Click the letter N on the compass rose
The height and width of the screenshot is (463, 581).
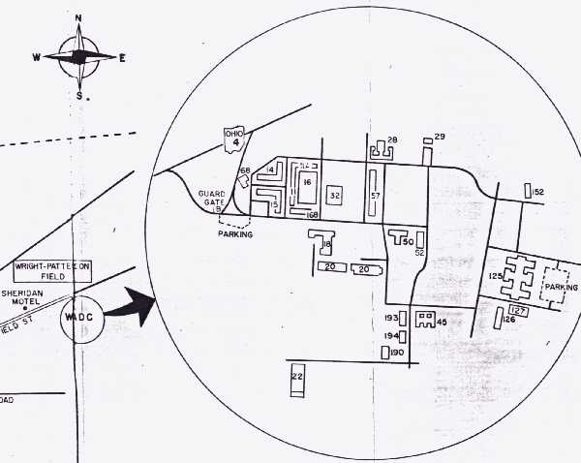point(78,18)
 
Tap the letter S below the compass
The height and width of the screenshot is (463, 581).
point(79,95)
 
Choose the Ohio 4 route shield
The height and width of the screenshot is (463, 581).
point(232,139)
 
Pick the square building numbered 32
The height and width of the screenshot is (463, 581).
point(336,195)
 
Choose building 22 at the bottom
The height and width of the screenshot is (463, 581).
point(297,379)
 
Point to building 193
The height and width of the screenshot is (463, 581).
point(392,318)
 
